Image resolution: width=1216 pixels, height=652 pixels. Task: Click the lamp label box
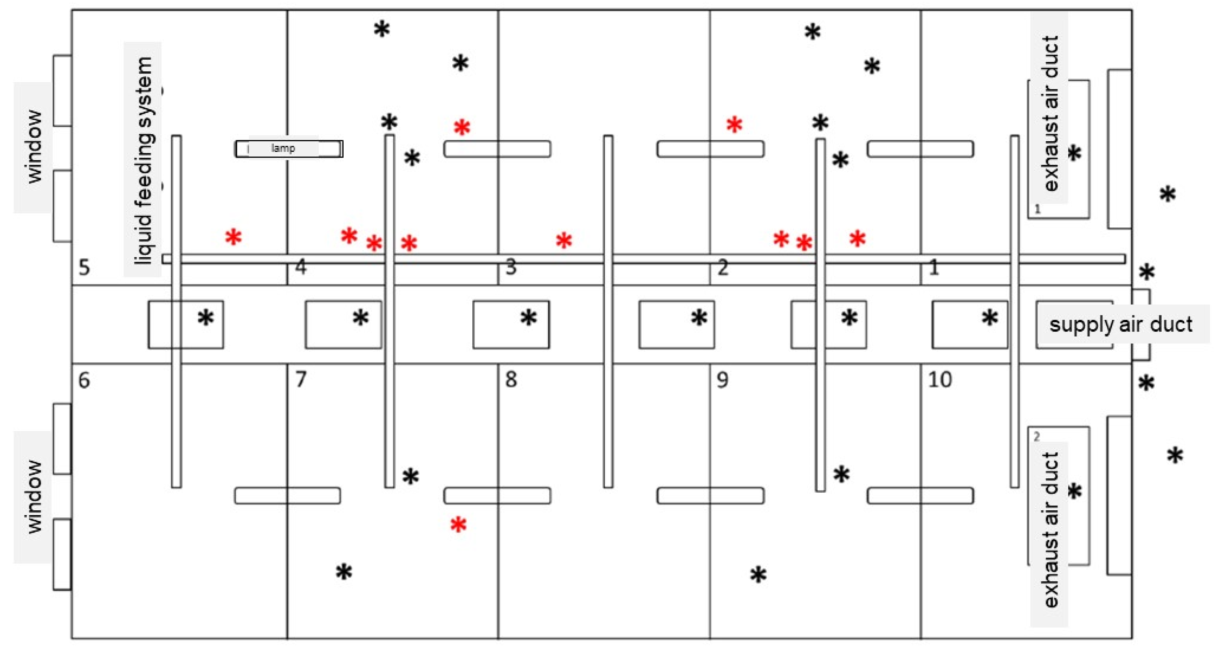point(289,149)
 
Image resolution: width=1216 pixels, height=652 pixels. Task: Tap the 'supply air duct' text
point(1121,325)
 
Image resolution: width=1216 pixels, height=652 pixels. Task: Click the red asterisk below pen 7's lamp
point(458,525)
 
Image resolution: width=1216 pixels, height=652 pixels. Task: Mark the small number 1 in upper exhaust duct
point(1037,209)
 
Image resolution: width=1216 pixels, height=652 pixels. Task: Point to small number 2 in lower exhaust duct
point(1037,437)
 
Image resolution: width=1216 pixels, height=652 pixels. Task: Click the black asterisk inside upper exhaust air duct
point(1074,153)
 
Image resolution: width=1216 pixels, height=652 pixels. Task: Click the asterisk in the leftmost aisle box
point(205,318)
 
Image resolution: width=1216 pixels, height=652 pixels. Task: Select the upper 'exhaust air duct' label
point(1051,113)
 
